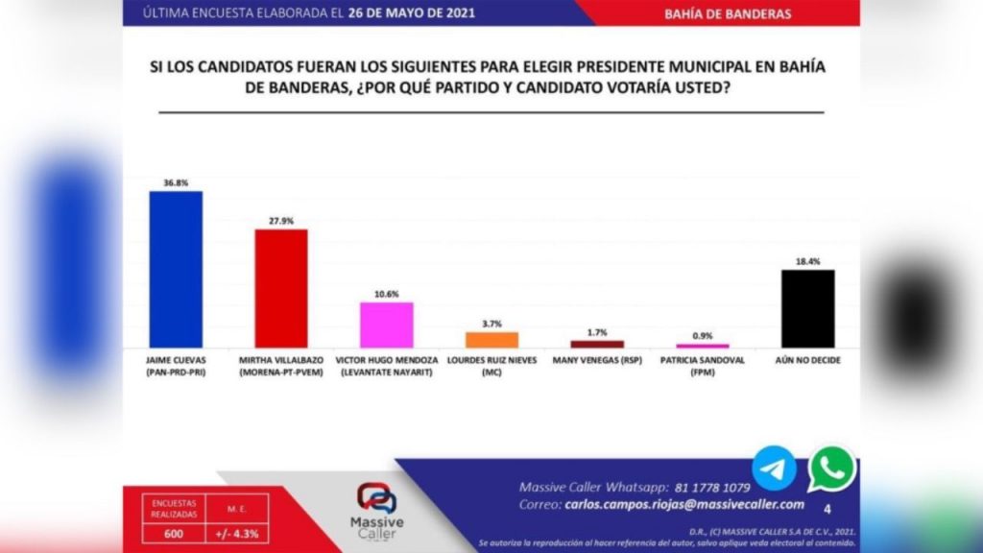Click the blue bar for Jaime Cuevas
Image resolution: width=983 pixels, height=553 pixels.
point(176,269)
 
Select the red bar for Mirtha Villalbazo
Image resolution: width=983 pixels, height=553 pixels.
point(280,288)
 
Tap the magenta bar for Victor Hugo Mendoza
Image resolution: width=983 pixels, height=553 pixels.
point(386,325)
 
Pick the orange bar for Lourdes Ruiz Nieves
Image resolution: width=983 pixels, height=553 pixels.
point(491,339)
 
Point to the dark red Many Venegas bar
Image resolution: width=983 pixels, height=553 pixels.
point(597,344)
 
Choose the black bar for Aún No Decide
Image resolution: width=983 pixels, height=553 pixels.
point(807,308)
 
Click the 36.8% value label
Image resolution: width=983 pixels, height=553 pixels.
point(176,181)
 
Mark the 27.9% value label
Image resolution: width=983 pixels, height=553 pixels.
point(280,220)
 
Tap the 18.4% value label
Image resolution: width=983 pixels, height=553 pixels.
point(807,260)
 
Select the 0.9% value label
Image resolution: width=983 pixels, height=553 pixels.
point(703,334)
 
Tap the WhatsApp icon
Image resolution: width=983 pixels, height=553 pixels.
point(830,469)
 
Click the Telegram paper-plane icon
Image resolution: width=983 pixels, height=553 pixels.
point(774,469)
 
